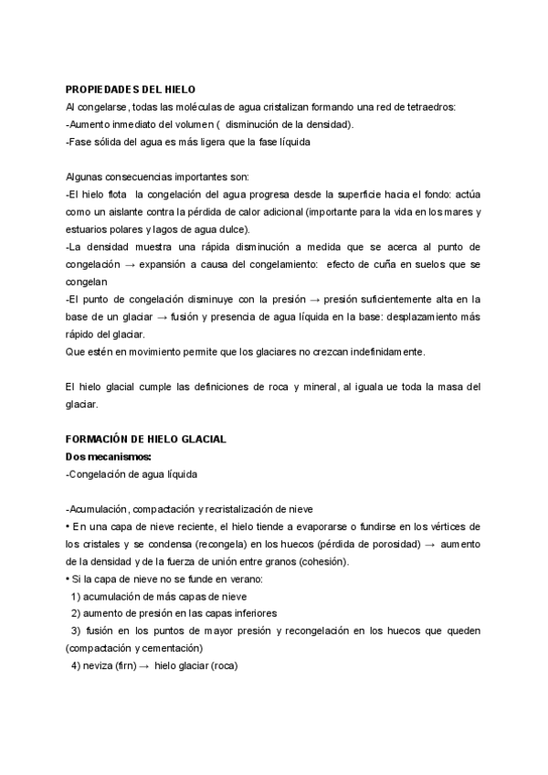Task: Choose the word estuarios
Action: coord(89,228)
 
